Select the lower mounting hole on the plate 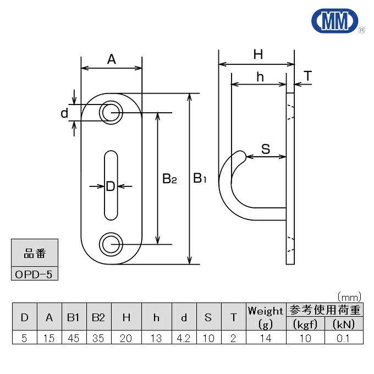pyautogui.click(x=111, y=243)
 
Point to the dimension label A pyautogui.click(x=111, y=59)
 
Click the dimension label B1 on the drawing pyautogui.click(x=199, y=178)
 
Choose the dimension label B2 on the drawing pyautogui.click(x=169, y=179)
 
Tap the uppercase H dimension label pyautogui.click(x=257, y=54)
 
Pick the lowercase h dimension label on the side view pyautogui.click(x=260, y=77)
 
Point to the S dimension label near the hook pyautogui.click(x=265, y=148)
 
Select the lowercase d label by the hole pyautogui.click(x=64, y=113)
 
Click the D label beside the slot pyautogui.click(x=111, y=186)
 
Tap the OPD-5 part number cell pyautogui.click(x=34, y=274)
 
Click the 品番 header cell pyautogui.click(x=34, y=254)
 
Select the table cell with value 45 pyautogui.click(x=74, y=338)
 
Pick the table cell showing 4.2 pyautogui.click(x=184, y=338)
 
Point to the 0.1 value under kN pyautogui.click(x=344, y=338)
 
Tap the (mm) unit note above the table pyautogui.click(x=349, y=296)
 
